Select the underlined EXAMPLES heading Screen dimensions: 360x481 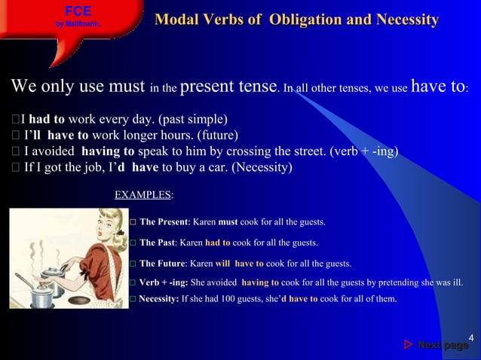pos(142,195)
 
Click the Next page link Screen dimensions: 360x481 pos(443,345)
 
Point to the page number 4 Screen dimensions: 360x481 pos(470,336)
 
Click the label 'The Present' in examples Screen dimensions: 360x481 pos(165,223)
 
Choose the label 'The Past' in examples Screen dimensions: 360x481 pos(159,243)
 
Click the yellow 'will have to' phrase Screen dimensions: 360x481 pos(239,264)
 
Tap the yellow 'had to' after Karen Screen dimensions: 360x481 pos(217,243)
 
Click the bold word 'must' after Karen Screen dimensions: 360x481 pos(228,223)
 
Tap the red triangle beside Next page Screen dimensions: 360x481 pos(408,345)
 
